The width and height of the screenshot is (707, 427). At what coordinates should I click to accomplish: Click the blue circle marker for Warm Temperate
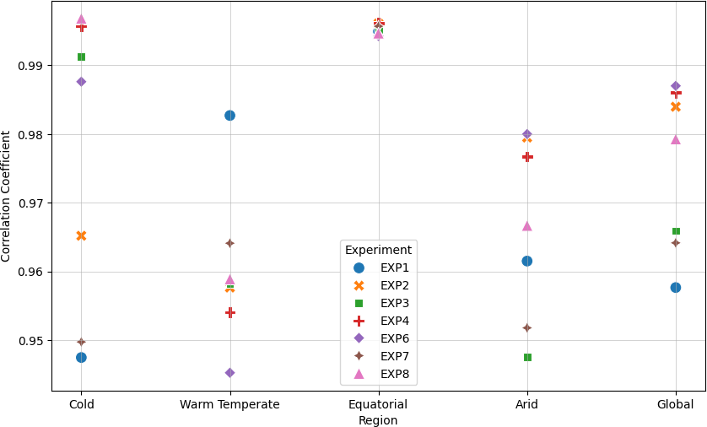pyautogui.click(x=229, y=116)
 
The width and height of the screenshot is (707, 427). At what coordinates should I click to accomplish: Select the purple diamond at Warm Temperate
pyautogui.click(x=229, y=372)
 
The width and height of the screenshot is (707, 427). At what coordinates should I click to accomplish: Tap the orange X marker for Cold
pyautogui.click(x=81, y=235)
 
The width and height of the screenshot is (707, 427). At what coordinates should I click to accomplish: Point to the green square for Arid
pyautogui.click(x=527, y=357)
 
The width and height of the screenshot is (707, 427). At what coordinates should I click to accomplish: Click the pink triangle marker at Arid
pyautogui.click(x=527, y=225)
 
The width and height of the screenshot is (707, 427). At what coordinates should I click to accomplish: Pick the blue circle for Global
pyautogui.click(x=676, y=287)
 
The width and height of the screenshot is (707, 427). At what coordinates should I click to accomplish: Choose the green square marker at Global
pyautogui.click(x=676, y=231)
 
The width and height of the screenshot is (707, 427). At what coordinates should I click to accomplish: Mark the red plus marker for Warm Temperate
pyautogui.click(x=229, y=312)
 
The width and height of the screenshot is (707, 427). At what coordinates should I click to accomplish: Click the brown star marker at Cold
pyautogui.click(x=81, y=342)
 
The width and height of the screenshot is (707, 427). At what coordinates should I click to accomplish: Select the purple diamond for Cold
pyautogui.click(x=81, y=82)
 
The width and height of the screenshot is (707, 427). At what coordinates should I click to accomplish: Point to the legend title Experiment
pyautogui.click(x=378, y=250)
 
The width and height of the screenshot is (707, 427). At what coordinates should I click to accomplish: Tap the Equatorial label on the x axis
pyautogui.click(x=378, y=405)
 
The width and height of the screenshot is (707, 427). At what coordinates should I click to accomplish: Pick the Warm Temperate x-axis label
pyautogui.click(x=229, y=405)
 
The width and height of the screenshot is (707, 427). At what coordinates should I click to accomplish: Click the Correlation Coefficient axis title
pyautogui.click(x=7, y=196)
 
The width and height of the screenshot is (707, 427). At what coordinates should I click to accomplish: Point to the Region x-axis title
pyautogui.click(x=378, y=420)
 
